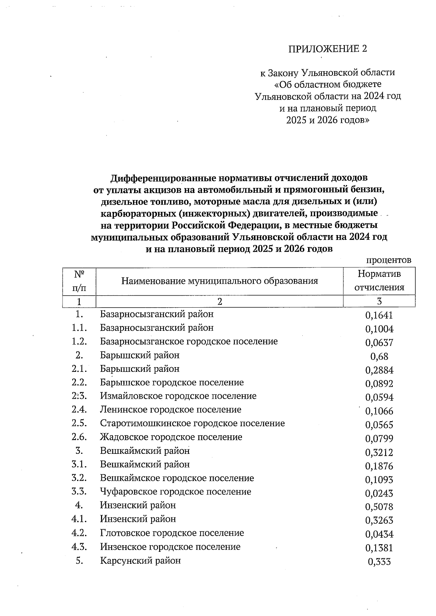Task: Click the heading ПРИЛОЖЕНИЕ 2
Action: click(327, 49)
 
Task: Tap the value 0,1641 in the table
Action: click(379, 315)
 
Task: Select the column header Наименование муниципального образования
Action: click(219, 281)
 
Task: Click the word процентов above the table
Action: click(388, 260)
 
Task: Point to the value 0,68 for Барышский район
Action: click(379, 357)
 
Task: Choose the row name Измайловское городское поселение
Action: click(178, 396)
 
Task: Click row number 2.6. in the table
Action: click(79, 437)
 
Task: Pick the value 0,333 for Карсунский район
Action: click(379, 562)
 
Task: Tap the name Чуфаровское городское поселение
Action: click(175, 492)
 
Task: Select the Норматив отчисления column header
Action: click(379, 281)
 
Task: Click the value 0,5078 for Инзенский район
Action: click(379, 507)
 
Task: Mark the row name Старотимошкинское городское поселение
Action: click(192, 423)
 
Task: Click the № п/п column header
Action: click(79, 281)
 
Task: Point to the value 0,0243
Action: click(379, 493)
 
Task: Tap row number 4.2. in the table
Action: click(79, 533)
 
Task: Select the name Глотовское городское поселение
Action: click(172, 533)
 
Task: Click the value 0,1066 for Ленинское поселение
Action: click(379, 411)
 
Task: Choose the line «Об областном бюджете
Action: click(327, 85)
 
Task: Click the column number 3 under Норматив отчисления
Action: click(379, 301)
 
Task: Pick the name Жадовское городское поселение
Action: click(171, 437)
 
